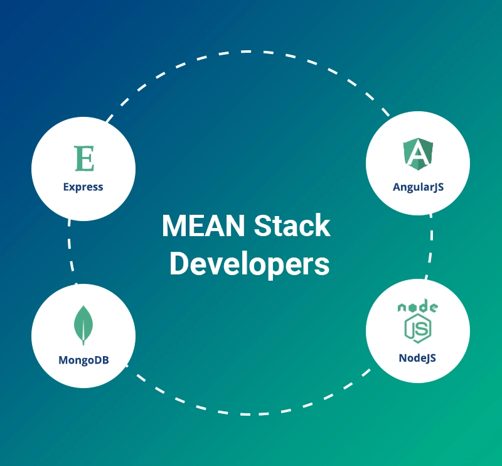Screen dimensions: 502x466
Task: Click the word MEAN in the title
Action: [203, 225]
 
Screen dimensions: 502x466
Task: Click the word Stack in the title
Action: [292, 225]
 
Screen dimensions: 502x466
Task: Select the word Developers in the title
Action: [249, 264]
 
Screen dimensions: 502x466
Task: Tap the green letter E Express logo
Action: [85, 158]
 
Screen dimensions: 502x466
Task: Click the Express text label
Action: [83, 187]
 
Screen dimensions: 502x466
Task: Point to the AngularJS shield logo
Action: [418, 154]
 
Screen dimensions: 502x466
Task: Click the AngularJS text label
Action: [418, 187]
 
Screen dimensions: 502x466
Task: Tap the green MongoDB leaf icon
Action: [83, 325]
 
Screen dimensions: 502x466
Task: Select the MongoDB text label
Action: [83, 360]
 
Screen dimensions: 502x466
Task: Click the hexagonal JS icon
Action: [418, 328]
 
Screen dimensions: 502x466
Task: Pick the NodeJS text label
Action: [417, 358]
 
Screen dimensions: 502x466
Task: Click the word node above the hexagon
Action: [418, 306]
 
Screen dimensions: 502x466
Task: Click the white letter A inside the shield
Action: [418, 153]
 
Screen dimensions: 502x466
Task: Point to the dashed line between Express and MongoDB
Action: [71, 252]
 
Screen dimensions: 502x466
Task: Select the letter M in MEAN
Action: [174, 225]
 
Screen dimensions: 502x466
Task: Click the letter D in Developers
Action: [179, 263]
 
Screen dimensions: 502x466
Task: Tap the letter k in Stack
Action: [323, 225]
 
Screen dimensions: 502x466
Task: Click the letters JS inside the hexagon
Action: [418, 328]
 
